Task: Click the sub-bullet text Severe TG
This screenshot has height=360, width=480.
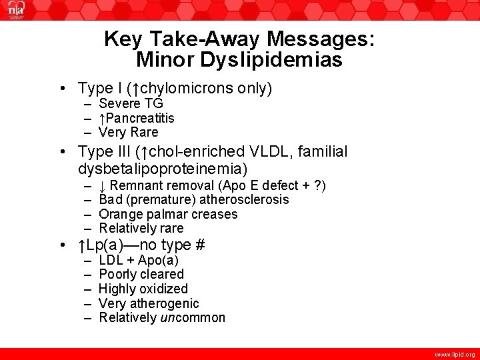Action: point(131,103)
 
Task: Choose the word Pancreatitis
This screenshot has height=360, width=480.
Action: point(140,118)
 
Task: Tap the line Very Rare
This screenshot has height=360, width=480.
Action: point(129,132)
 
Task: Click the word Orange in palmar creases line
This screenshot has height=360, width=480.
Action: point(117,214)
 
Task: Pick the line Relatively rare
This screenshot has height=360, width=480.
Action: point(141,228)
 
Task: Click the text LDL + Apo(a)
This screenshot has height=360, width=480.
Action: point(138,260)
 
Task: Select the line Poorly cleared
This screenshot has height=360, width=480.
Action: point(141,274)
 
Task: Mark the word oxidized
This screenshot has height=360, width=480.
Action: point(164,289)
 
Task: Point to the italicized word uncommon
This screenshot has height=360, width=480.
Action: point(193,317)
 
